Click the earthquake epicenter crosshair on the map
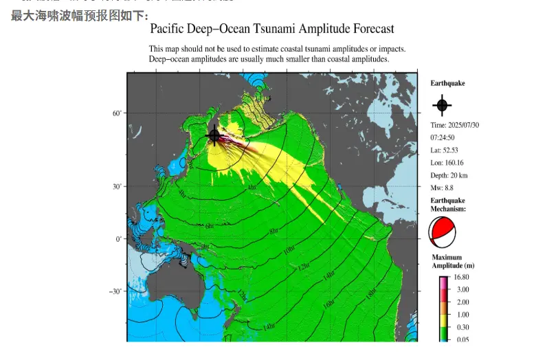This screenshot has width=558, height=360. point(214,135)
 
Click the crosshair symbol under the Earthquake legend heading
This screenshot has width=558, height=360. point(442,105)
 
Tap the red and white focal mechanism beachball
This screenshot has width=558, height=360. point(442,232)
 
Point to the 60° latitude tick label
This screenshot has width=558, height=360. point(117,113)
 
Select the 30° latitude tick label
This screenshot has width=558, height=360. point(117,187)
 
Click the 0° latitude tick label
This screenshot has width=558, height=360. point(119,239)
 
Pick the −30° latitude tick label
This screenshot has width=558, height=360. point(115,291)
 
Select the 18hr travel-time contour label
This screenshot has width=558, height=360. point(370,293)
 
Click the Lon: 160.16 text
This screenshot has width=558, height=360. point(448,162)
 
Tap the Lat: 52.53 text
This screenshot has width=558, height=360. point(446,150)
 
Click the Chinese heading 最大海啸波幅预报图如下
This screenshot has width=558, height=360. point(79,15)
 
